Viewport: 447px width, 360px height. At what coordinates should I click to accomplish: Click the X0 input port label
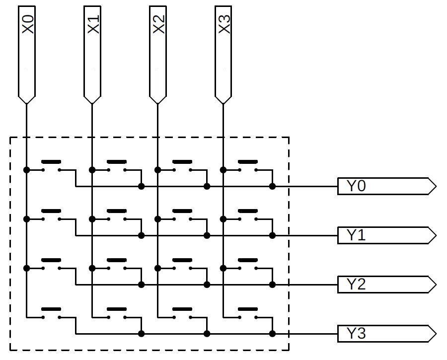[28, 25]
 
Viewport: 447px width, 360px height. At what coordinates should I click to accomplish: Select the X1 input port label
[93, 25]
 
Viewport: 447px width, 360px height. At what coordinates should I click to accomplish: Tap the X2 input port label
[158, 25]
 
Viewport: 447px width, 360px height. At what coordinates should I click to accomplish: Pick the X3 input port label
[224, 25]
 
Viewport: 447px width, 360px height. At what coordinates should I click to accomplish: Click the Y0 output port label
[356, 187]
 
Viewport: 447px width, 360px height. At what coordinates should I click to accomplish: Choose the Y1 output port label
[356, 235]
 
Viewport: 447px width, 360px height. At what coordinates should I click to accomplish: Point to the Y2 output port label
[356, 285]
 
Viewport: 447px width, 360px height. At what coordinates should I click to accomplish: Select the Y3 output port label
[356, 333]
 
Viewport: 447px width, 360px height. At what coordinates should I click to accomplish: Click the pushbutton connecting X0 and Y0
[51, 167]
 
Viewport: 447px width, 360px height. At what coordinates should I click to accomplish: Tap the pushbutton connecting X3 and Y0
[248, 167]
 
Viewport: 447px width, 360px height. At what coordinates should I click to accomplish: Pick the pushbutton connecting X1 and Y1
[117, 216]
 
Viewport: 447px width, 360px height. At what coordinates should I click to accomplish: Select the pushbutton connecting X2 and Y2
[182, 265]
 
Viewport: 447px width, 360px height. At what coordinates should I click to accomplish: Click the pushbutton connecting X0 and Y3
[51, 314]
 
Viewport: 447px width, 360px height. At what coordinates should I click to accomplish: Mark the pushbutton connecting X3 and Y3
[248, 314]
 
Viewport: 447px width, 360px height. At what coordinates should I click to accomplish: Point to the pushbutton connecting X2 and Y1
[182, 216]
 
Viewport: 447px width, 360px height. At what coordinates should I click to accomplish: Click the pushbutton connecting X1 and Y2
[117, 265]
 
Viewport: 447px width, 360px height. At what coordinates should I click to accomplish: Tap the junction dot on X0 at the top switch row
[26, 170]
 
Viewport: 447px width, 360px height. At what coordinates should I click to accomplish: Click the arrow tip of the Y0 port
[435, 187]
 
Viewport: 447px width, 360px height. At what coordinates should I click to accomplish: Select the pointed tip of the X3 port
[223, 103]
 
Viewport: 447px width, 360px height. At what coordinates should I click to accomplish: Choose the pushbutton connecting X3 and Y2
[248, 265]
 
